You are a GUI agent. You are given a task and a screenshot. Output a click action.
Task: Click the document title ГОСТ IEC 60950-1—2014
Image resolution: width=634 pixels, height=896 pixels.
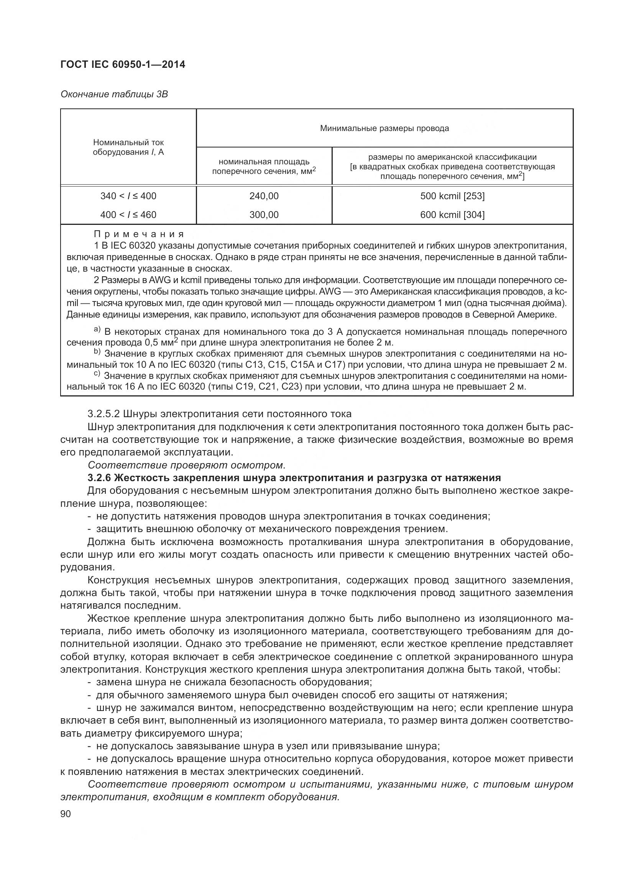[x=123, y=64]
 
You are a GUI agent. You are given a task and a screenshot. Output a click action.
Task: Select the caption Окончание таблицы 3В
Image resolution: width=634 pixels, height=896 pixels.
[x=114, y=95]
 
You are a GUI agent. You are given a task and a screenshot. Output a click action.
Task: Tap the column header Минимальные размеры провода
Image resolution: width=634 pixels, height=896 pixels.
[x=384, y=128]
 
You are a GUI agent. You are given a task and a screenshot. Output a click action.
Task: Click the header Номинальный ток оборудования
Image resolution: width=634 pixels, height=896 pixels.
[x=128, y=147]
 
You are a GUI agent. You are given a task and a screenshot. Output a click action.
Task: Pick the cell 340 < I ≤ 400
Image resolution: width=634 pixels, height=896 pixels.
[x=128, y=196]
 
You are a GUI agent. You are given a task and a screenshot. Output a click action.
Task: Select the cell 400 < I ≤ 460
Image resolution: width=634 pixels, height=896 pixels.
[x=128, y=215]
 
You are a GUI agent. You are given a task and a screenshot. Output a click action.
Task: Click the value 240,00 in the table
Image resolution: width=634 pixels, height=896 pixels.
[x=264, y=196]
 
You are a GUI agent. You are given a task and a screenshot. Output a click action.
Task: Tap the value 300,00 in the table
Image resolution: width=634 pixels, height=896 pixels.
[x=264, y=215]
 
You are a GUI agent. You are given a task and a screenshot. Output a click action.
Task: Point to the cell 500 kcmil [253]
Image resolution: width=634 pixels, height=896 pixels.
[x=452, y=196]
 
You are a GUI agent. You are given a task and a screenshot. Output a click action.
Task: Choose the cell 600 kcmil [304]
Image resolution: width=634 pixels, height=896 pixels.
[x=452, y=215]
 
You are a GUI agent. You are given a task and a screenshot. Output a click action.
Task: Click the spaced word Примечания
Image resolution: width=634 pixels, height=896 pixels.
[x=139, y=234]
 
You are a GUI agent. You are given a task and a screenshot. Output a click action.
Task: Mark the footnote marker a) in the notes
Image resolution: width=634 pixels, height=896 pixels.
[x=97, y=330]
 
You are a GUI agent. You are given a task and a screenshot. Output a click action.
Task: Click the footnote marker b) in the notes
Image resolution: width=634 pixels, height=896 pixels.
[x=97, y=352]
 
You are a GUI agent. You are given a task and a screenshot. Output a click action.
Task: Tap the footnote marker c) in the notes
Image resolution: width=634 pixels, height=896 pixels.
[x=97, y=374]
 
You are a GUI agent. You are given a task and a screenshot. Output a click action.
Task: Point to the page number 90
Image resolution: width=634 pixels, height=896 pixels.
[x=66, y=814]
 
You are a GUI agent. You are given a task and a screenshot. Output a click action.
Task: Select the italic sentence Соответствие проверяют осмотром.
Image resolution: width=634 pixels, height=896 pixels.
[x=187, y=465]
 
